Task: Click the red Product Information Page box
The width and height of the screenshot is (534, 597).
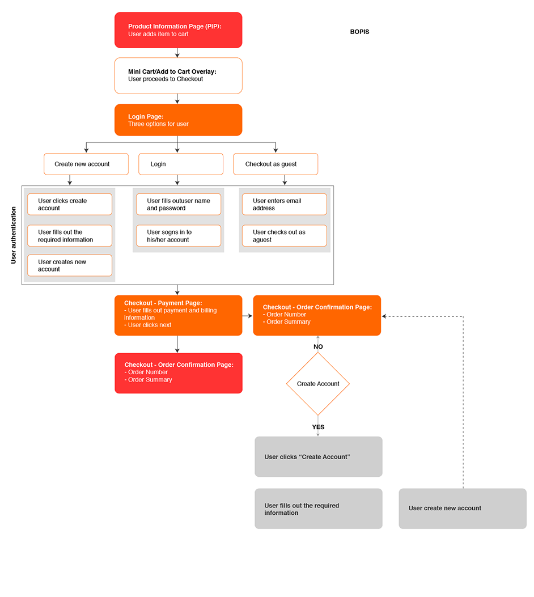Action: pyautogui.click(x=178, y=30)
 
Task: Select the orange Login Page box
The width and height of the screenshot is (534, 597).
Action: pyautogui.click(x=178, y=120)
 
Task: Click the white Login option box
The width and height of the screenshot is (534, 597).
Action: pyautogui.click(x=181, y=164)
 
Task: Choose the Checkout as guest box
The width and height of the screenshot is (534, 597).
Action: pyautogui.click(x=276, y=164)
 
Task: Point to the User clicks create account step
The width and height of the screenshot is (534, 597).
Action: pyautogui.click(x=70, y=204)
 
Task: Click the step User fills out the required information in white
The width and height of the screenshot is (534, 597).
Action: pyautogui.click(x=70, y=236)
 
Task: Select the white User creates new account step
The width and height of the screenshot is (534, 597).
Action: pyautogui.click(x=70, y=265)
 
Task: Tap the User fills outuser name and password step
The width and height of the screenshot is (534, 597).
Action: pyautogui.click(x=179, y=204)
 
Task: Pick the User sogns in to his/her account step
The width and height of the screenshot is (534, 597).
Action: pyautogui.click(x=179, y=236)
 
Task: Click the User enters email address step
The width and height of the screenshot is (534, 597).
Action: pyautogui.click(x=285, y=204)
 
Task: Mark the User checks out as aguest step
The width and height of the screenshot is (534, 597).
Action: pyautogui.click(x=285, y=236)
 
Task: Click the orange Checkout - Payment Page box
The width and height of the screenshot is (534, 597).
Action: pyautogui.click(x=178, y=315)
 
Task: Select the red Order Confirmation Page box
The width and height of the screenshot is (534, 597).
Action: pyautogui.click(x=179, y=373)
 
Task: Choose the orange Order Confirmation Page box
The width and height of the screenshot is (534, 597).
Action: pyautogui.click(x=317, y=315)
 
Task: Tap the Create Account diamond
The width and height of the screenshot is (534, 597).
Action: pyautogui.click(x=317, y=384)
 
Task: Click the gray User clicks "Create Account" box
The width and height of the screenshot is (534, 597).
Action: pyautogui.click(x=319, y=456)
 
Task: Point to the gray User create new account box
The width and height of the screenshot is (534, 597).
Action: pyautogui.click(x=463, y=509)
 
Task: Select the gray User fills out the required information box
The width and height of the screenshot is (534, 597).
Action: pyautogui.click(x=319, y=509)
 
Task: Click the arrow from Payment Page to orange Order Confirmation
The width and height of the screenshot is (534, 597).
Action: pyautogui.click(x=247, y=315)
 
